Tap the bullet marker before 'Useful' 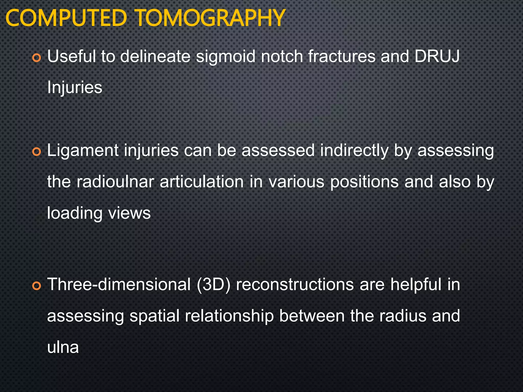point(37,58)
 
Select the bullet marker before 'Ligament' point(37,152)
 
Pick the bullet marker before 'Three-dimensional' point(37,286)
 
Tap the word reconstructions point(295,285)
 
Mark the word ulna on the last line point(63,347)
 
